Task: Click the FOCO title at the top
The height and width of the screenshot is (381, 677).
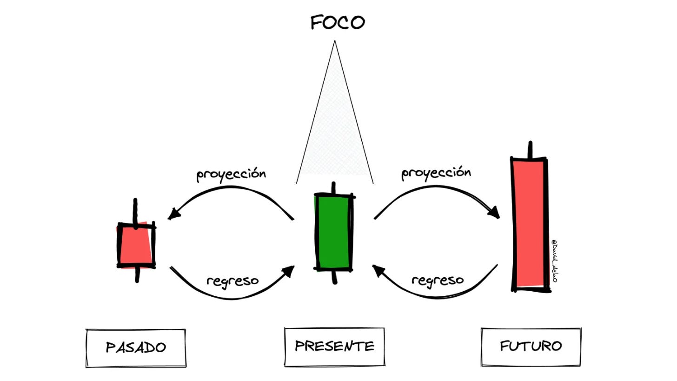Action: pyautogui.click(x=338, y=22)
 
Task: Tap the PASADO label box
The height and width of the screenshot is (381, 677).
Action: pyautogui.click(x=136, y=348)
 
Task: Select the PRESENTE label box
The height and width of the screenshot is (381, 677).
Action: pyautogui.click(x=334, y=346)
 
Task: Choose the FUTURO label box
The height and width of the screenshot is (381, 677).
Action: pyautogui.click(x=531, y=347)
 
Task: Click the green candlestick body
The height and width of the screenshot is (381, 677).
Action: pyautogui.click(x=334, y=233)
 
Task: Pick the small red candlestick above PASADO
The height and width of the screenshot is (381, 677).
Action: pyautogui.click(x=136, y=245)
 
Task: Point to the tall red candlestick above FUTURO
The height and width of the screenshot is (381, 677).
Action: pyautogui.click(x=529, y=223)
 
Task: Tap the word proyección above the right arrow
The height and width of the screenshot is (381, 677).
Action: pyautogui.click(x=436, y=173)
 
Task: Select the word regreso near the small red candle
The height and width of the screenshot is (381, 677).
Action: pyautogui.click(x=232, y=281)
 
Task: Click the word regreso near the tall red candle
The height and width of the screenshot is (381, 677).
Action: pyautogui.click(x=438, y=280)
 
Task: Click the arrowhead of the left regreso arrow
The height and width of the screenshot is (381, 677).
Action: pyautogui.click(x=289, y=271)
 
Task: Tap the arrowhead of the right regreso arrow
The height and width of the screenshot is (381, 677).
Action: pyautogui.click(x=378, y=270)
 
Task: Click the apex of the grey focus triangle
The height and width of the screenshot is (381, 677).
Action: pyautogui.click(x=334, y=42)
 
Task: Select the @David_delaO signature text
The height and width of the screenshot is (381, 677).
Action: pyautogui.click(x=554, y=260)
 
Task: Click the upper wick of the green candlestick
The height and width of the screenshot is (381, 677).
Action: pyautogui.click(x=333, y=188)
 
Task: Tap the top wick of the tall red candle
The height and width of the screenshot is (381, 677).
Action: pyautogui.click(x=529, y=150)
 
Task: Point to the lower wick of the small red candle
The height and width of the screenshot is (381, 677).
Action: pyautogui.click(x=137, y=274)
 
